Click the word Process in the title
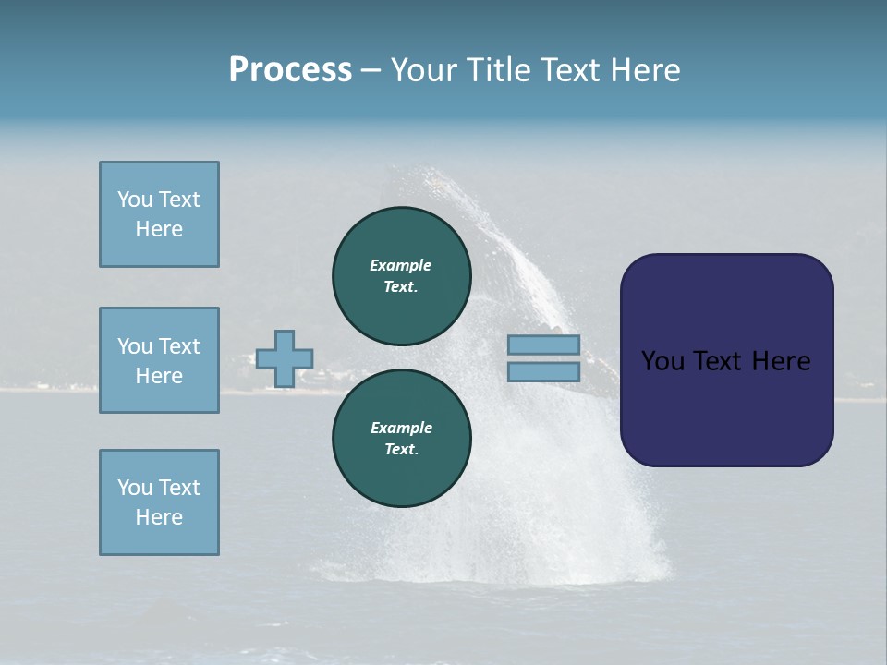(290, 70)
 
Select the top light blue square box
(159, 214)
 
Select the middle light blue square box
(159, 360)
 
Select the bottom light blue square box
(159, 502)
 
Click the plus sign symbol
(284, 359)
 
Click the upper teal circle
(401, 276)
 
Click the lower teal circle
(401, 439)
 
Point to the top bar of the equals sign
(543, 345)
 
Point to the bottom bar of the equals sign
(543, 372)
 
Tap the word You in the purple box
(662, 361)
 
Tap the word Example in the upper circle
(400, 265)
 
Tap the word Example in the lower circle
(401, 428)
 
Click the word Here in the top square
(159, 229)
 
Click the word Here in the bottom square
(159, 517)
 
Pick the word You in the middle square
(134, 346)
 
